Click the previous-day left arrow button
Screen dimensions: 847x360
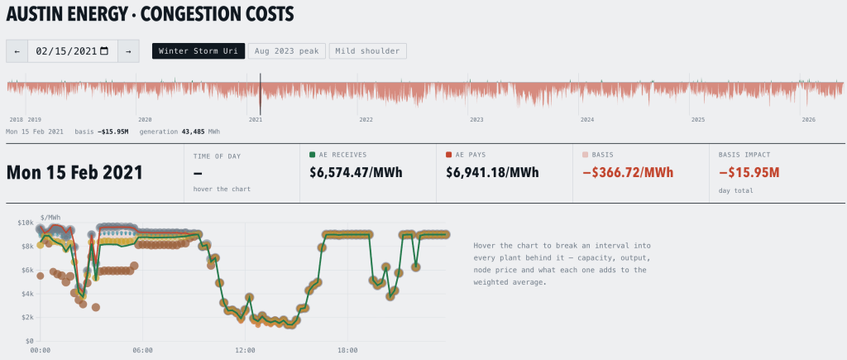(x=17, y=51)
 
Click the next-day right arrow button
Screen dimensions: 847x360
(x=128, y=51)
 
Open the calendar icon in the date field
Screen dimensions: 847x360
(x=104, y=51)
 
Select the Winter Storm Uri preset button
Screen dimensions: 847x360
(x=199, y=51)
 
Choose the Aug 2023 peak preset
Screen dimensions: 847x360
(x=287, y=51)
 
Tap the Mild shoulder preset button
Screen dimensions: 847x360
(x=368, y=51)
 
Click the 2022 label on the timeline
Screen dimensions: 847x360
(x=366, y=119)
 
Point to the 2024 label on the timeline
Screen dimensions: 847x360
(x=587, y=119)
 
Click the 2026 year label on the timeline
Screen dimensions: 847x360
(x=809, y=119)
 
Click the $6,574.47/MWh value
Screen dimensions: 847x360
(x=356, y=172)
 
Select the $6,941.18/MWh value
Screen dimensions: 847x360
(x=493, y=172)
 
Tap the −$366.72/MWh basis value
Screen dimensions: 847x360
(x=629, y=172)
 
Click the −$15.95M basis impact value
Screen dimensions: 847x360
(x=749, y=172)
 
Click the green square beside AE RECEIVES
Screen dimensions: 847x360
(x=313, y=155)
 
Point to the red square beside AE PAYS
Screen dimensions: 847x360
(x=449, y=155)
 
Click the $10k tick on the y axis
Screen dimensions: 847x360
(x=26, y=223)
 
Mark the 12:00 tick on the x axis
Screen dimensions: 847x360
(x=245, y=350)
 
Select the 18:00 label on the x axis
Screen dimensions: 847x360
(x=348, y=350)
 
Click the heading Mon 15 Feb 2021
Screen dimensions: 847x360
(x=74, y=172)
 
